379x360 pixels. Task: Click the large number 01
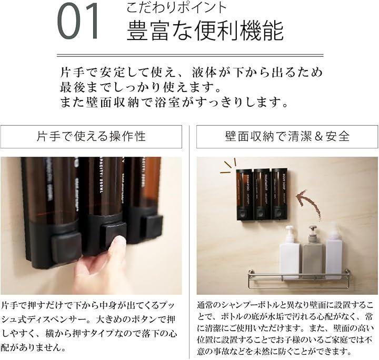pyautogui.click(x=78, y=21)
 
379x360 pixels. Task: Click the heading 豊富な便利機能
pyautogui.click(x=205, y=31)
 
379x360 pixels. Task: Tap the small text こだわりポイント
pyautogui.click(x=176, y=8)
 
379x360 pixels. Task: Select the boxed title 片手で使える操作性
pyautogui.click(x=91, y=136)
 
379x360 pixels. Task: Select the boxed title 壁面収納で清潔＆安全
pyautogui.click(x=287, y=136)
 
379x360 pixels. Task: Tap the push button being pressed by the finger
pyautogui.click(x=113, y=234)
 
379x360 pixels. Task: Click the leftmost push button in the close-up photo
pyautogui.click(x=66, y=247)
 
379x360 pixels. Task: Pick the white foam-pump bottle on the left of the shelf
pyautogui.click(x=290, y=253)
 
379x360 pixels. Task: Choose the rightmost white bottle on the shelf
pyautogui.click(x=334, y=251)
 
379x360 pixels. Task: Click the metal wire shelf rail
pyautogui.click(x=299, y=278)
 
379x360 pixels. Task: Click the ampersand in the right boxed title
pyautogui.click(x=319, y=136)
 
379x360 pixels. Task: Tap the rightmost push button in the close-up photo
pyautogui.click(x=152, y=226)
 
